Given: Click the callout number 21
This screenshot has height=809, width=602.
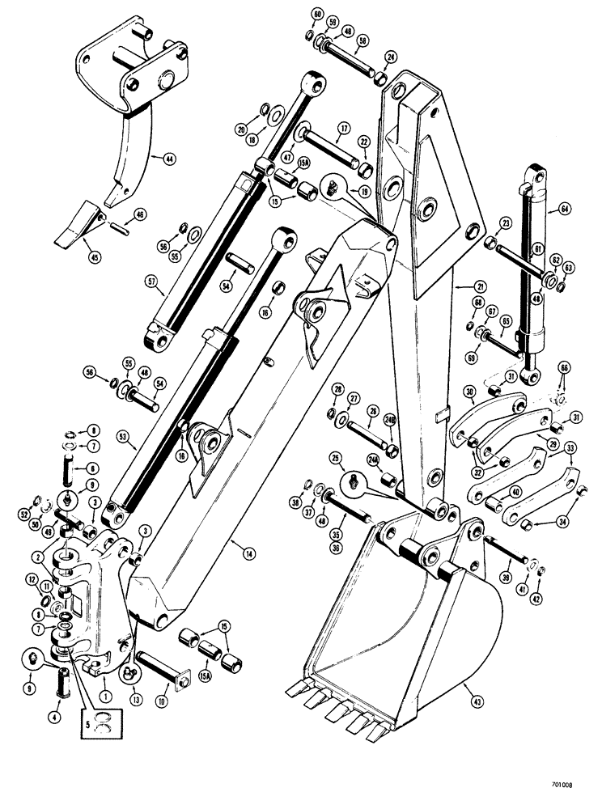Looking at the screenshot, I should coord(459,286).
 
